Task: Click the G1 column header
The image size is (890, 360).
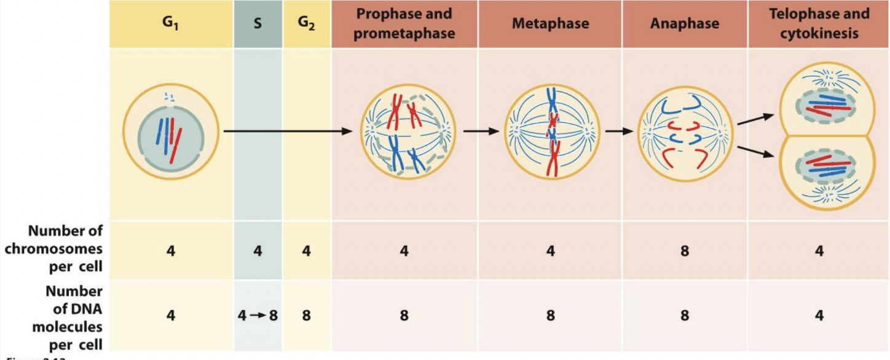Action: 171,25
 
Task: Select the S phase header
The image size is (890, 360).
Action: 258,25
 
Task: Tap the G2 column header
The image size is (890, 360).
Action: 307,25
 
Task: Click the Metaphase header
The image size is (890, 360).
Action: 550,24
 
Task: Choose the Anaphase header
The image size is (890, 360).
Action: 684,24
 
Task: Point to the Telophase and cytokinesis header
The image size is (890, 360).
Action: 819,24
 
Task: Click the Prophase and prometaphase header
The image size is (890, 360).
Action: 404,24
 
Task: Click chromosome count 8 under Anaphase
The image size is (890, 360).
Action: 684,251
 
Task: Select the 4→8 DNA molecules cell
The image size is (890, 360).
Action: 258,316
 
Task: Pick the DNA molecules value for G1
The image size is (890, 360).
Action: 171,316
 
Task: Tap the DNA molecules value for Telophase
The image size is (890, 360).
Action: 819,316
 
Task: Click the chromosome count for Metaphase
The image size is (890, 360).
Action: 550,251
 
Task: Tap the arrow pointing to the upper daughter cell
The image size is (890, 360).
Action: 755,119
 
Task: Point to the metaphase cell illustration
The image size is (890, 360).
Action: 550,131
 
